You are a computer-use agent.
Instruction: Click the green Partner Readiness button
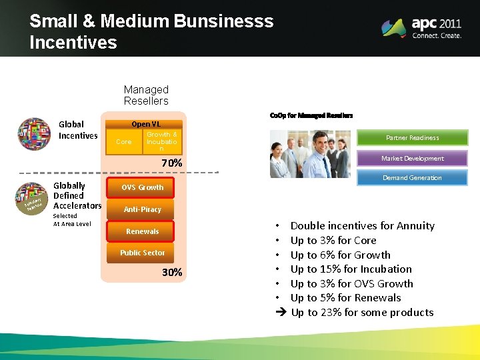click(x=412, y=138)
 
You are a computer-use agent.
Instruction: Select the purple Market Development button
click(x=412, y=159)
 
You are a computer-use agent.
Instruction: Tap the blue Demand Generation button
click(x=412, y=178)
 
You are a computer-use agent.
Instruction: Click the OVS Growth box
click(x=142, y=188)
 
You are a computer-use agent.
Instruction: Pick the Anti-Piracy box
click(x=142, y=209)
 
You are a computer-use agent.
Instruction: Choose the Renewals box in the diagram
click(x=142, y=231)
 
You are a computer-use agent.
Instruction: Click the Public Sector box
click(x=142, y=253)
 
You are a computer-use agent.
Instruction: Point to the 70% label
click(x=172, y=163)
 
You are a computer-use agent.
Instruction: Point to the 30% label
click(x=172, y=273)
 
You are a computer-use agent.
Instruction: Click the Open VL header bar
click(x=145, y=124)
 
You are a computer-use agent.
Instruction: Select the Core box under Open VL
click(x=124, y=141)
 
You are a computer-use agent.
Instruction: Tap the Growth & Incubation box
click(x=161, y=141)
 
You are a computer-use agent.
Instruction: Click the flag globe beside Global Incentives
click(x=34, y=134)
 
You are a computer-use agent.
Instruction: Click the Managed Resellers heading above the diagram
click(x=146, y=95)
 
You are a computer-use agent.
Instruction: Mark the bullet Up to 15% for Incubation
click(x=351, y=269)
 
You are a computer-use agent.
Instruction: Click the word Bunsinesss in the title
click(x=223, y=21)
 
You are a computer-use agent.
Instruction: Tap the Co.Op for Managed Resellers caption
click(x=311, y=115)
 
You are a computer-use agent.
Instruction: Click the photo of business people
click(x=309, y=154)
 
